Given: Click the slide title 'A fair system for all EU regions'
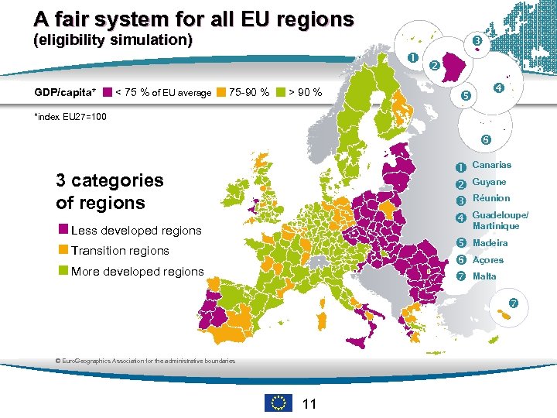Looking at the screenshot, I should pyautogui.click(x=193, y=19).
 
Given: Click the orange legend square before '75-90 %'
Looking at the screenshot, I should pyautogui.click(x=222, y=93).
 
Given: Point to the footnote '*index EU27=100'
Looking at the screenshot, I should pyautogui.click(x=70, y=117).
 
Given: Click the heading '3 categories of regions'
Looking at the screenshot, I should pyautogui.click(x=109, y=191).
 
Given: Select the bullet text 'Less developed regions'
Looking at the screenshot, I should pyautogui.click(x=135, y=231).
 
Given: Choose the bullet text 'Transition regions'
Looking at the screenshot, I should pyautogui.click(x=119, y=251).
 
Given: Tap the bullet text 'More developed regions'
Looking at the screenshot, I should pyautogui.click(x=137, y=272).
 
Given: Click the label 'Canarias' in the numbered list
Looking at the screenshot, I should pyautogui.click(x=491, y=165).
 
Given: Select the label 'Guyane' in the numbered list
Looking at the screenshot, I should pyautogui.click(x=489, y=182).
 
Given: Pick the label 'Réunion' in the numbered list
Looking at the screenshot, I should pyautogui.click(x=490, y=198).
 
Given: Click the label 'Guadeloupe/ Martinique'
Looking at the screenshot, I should pyautogui.click(x=500, y=220).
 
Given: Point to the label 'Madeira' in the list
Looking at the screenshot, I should pyautogui.click(x=490, y=243).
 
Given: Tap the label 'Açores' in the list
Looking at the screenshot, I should pyautogui.click(x=487, y=260).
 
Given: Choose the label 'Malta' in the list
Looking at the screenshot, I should pyautogui.click(x=484, y=276).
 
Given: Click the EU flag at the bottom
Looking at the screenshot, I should pyautogui.click(x=278, y=403).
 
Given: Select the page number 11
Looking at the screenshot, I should pyautogui.click(x=309, y=403).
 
